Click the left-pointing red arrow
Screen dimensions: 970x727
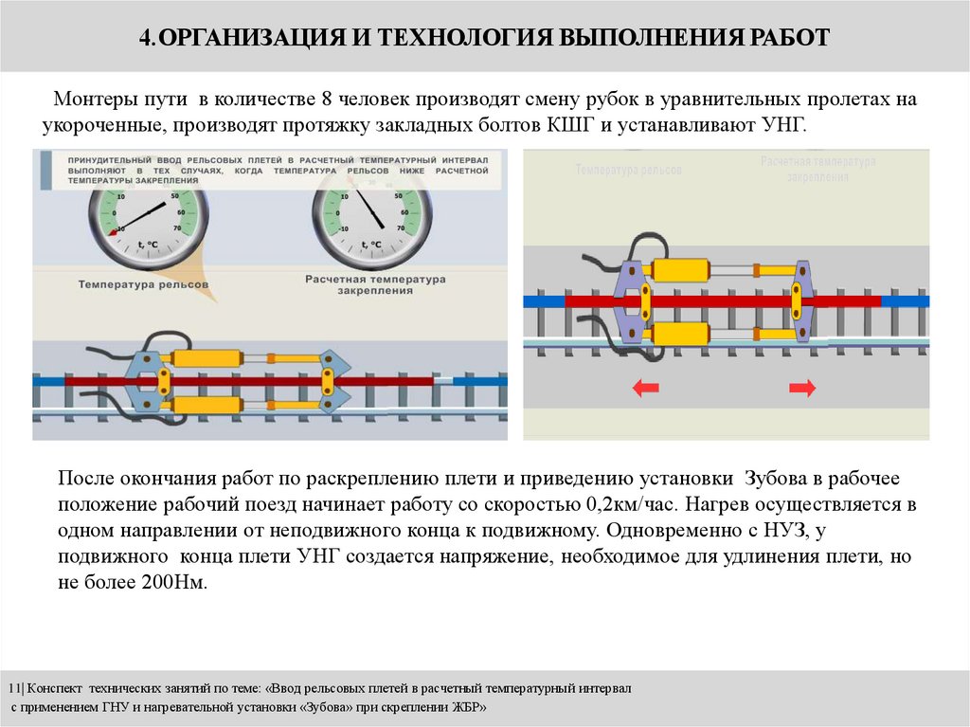point(646,387)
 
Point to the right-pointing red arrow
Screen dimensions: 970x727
point(802,387)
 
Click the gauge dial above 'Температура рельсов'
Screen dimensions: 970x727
point(148,223)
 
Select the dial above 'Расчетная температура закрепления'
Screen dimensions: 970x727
point(371,223)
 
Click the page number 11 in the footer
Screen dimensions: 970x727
point(13,687)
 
